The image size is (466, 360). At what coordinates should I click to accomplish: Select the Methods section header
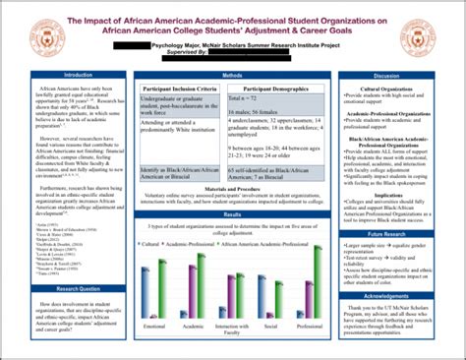pos(233,75)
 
